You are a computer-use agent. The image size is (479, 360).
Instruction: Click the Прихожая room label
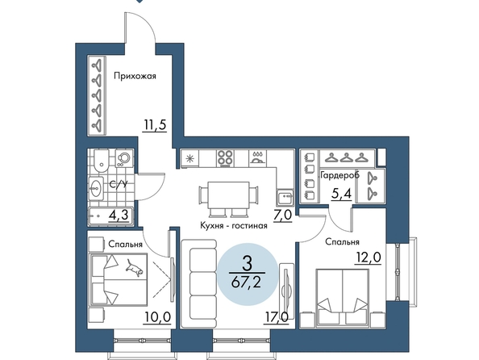135,76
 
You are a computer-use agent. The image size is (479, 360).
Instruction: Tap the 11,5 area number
155,125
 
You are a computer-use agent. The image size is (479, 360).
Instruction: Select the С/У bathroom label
119,184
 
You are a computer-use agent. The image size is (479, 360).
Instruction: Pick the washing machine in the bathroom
124,158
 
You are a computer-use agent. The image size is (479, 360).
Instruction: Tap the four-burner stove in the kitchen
226,158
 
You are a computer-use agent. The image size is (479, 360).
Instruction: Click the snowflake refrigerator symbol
190,158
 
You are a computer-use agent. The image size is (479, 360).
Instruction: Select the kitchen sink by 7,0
285,197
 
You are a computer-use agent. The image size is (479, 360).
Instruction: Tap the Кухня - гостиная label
234,226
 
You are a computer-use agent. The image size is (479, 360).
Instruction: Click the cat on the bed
135,267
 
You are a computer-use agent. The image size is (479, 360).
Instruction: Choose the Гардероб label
339,176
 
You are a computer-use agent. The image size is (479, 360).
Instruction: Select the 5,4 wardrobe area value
342,194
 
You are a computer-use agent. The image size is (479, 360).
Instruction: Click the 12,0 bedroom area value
368,257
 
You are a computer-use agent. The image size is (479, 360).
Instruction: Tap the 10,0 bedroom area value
157,317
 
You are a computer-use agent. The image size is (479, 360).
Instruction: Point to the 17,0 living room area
276,317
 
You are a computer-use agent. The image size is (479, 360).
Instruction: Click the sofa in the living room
199,284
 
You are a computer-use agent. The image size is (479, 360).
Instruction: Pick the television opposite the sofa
286,291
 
